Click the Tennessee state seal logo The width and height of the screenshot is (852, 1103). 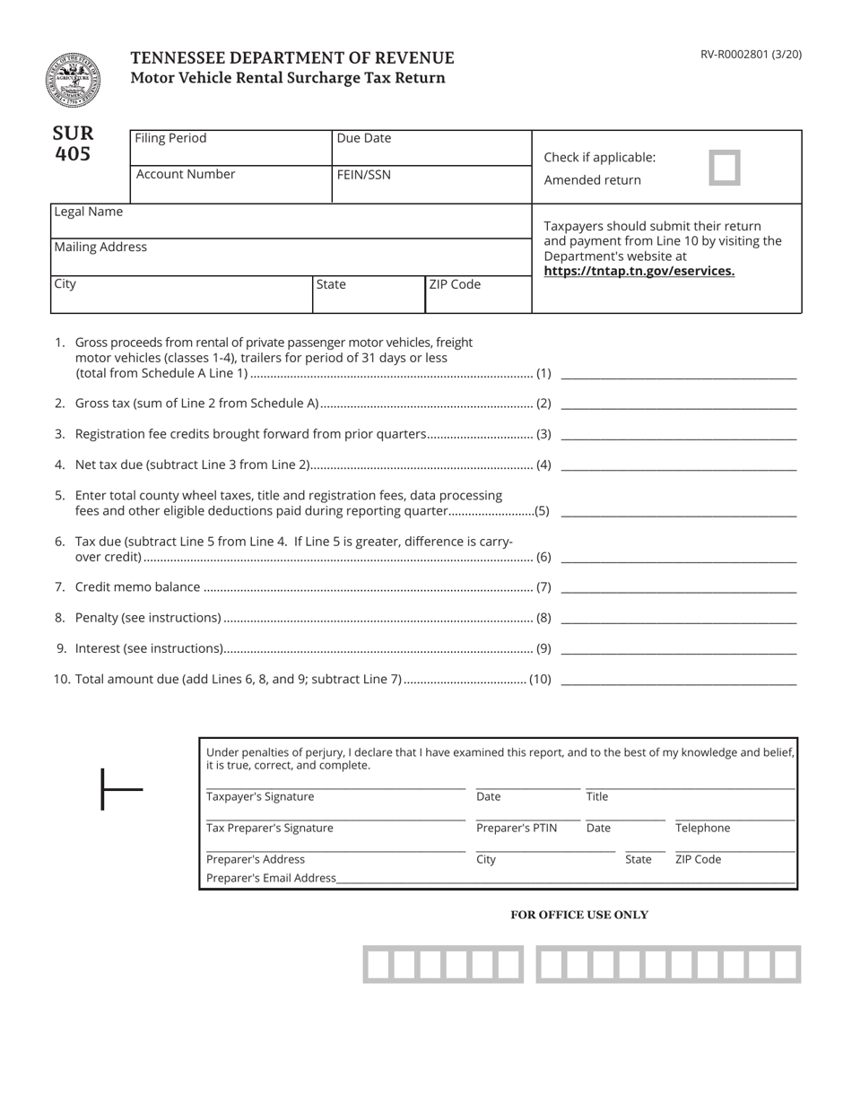(x=73, y=80)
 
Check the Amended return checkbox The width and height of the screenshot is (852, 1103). (x=724, y=168)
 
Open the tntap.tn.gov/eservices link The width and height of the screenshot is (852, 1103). (x=639, y=271)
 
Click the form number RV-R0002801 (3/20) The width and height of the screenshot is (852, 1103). (x=751, y=55)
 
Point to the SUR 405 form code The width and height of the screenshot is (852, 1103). (x=73, y=143)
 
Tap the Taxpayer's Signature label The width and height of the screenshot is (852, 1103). (x=260, y=796)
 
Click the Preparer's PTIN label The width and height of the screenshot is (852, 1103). (x=516, y=828)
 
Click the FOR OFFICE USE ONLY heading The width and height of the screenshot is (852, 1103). (x=578, y=915)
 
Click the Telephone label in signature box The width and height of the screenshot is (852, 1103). (x=702, y=828)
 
